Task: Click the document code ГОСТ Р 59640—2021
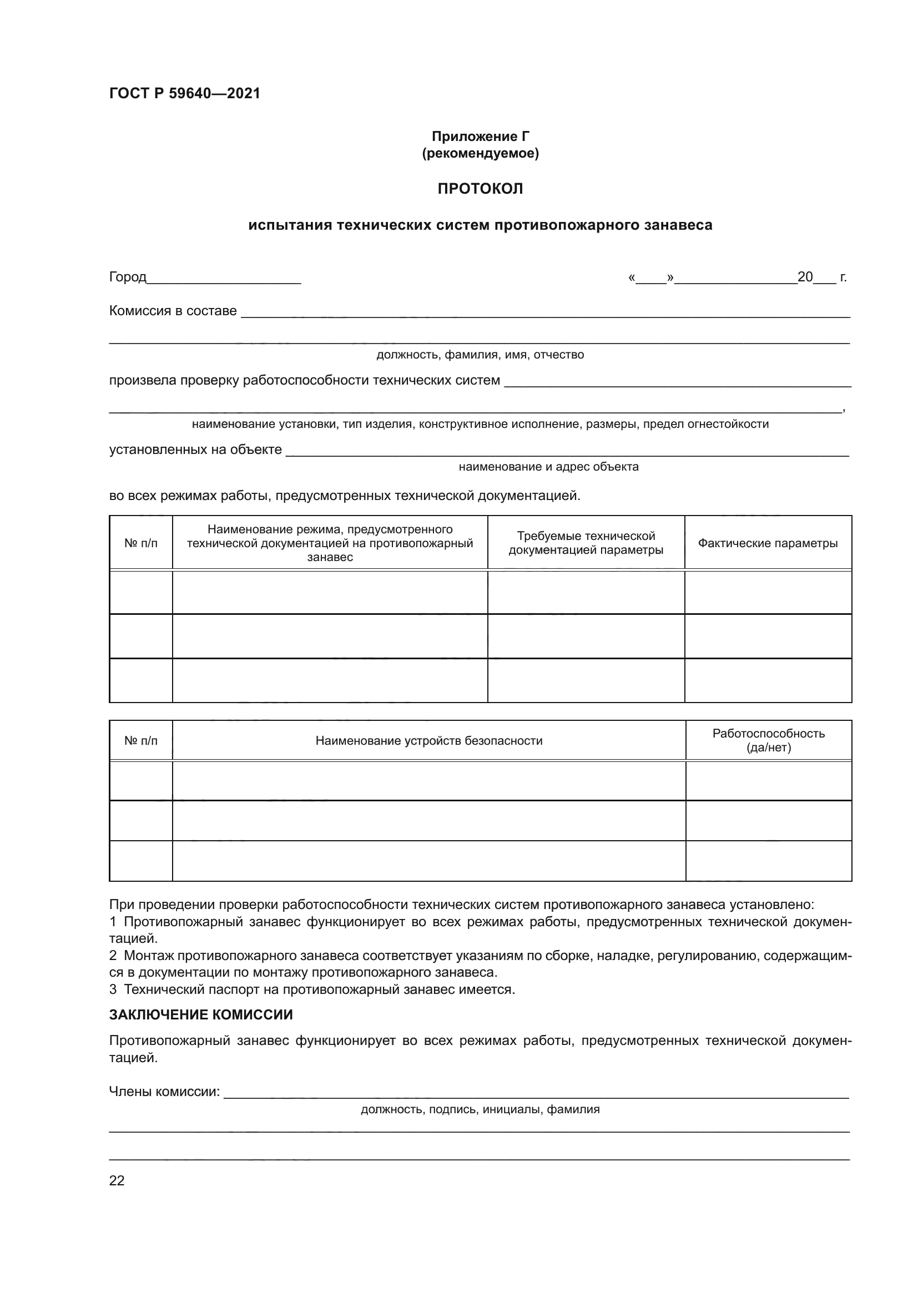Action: click(x=184, y=93)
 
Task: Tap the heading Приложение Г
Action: click(x=480, y=137)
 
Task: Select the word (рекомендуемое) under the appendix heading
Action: click(x=480, y=153)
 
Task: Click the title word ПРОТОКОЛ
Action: click(x=480, y=189)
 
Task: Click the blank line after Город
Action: click(x=223, y=279)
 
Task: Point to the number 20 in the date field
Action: click(x=804, y=277)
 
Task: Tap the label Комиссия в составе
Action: click(x=173, y=311)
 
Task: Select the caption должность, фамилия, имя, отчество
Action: click(x=480, y=355)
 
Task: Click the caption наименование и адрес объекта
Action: click(x=548, y=466)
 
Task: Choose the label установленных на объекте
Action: click(x=195, y=449)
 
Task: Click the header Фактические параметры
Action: click(x=768, y=543)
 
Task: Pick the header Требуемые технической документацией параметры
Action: click(x=586, y=543)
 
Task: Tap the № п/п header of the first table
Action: click(x=141, y=543)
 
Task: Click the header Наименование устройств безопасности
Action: click(x=428, y=741)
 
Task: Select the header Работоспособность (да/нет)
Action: click(x=768, y=741)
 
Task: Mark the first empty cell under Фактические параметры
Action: click(x=768, y=593)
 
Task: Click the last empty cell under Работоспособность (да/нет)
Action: click(x=768, y=861)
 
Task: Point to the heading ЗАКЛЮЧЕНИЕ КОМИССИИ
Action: click(x=201, y=1015)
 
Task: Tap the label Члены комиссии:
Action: click(x=164, y=1092)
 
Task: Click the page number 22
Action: click(x=117, y=1180)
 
